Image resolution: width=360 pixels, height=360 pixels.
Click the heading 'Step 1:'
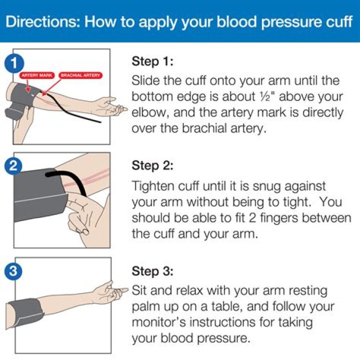pos(153,61)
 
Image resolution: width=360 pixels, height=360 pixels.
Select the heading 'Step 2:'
pos(153,165)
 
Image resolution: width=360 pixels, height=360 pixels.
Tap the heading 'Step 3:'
pos(153,271)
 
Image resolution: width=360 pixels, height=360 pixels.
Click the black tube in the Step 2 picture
pos(62,177)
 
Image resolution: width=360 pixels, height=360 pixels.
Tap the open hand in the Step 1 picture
pos(112,105)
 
